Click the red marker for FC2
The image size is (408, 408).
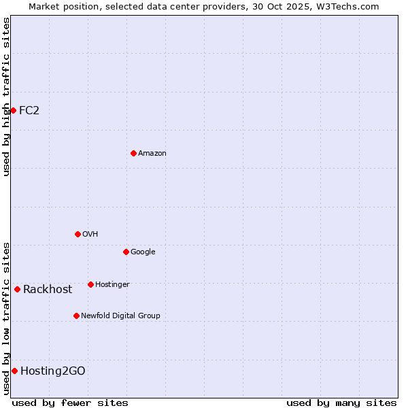[x=13, y=110]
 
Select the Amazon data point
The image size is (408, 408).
[x=133, y=153]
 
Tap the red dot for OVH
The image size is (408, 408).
[x=78, y=234]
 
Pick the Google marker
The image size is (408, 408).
[x=126, y=252]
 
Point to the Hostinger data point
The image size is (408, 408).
[x=90, y=284]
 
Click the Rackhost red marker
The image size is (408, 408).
[x=17, y=289]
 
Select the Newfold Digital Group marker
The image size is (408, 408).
[x=76, y=316]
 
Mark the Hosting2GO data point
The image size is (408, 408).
[x=14, y=371]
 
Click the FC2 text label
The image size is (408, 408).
[x=29, y=111]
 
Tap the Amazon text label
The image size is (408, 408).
[x=152, y=154]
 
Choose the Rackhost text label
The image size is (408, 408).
[x=48, y=290]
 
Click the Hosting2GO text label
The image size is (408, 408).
[x=53, y=371]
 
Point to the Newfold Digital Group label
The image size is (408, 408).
[x=120, y=316]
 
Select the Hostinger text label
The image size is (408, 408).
[x=112, y=284]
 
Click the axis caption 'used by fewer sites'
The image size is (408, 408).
[x=70, y=403]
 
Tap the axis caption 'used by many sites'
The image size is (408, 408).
[x=341, y=403]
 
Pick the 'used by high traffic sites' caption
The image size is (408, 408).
[x=6, y=97]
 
